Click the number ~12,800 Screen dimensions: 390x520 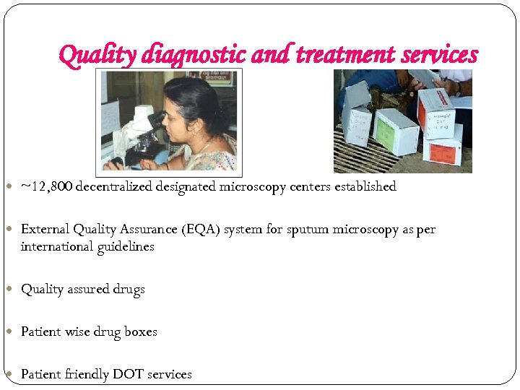tap(46, 186)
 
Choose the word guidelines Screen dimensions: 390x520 tap(127, 247)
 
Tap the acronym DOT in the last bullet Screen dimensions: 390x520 tap(128, 374)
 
